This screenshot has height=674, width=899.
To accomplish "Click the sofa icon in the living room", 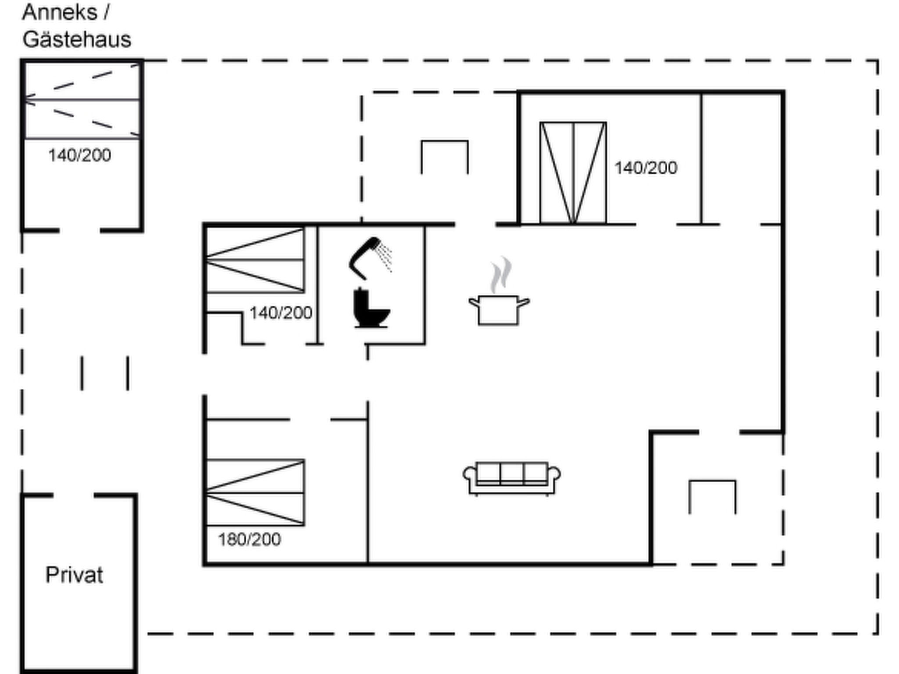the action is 512,478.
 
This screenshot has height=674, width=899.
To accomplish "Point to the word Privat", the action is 74,575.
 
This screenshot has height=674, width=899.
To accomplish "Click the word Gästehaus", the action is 77,39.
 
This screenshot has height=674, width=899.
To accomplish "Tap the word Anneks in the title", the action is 60,12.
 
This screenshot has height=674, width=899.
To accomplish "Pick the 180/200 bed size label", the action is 249,539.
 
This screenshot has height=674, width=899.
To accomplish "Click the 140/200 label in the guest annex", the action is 79,155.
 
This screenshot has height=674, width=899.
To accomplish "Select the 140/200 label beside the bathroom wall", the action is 281,313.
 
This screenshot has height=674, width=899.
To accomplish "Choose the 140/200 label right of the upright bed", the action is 646,168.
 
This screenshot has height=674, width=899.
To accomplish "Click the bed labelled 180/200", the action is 255,492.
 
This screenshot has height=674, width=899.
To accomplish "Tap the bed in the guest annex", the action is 82,101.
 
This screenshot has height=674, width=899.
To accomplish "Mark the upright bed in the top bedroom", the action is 573,173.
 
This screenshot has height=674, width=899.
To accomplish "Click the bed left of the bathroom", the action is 255,260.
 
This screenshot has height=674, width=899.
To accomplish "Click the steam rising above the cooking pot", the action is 501,275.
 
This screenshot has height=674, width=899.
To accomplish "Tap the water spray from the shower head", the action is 385,256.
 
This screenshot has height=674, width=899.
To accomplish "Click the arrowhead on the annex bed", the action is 29,100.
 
